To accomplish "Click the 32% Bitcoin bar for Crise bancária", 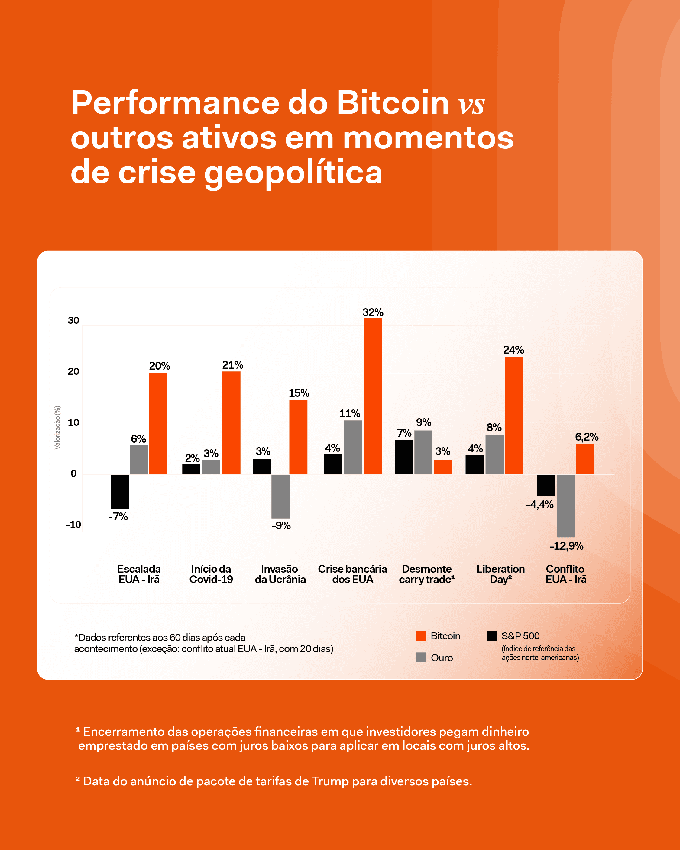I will pyautogui.click(x=372, y=396).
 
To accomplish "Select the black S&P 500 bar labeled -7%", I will pyautogui.click(x=120, y=492).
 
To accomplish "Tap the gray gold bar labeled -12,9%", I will pyautogui.click(x=566, y=506).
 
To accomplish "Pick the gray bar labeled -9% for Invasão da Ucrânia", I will pyautogui.click(x=280, y=496).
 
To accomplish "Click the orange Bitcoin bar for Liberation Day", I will pyautogui.click(x=513, y=415).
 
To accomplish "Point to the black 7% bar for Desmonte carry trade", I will pyautogui.click(x=403, y=457).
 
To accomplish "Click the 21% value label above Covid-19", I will pyautogui.click(x=233, y=365).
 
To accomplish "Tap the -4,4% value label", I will pyautogui.click(x=539, y=505).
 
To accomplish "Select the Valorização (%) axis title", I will pyautogui.click(x=58, y=427).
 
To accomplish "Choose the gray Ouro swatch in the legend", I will pyautogui.click(x=421, y=658).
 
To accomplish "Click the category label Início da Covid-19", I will pyautogui.click(x=211, y=574).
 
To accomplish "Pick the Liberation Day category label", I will pyautogui.click(x=500, y=574).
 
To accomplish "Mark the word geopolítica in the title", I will pyautogui.click(x=293, y=173).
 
